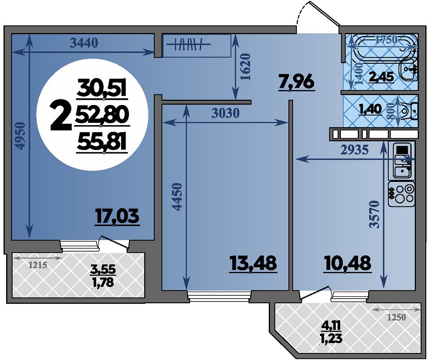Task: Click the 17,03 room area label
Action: point(117,217)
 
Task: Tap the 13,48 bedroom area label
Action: point(254,263)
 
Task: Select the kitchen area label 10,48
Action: point(347,263)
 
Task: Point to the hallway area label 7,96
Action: point(296,82)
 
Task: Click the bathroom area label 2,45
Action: point(381,77)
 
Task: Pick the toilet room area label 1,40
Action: point(370,109)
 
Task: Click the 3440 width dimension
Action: point(84,43)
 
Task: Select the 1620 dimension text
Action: point(245,67)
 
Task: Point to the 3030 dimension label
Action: point(226,112)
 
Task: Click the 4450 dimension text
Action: point(177,196)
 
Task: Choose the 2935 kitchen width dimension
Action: point(355,150)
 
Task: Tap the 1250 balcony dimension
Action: point(396,318)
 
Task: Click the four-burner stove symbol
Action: point(401,194)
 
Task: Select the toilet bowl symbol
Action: point(409,111)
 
